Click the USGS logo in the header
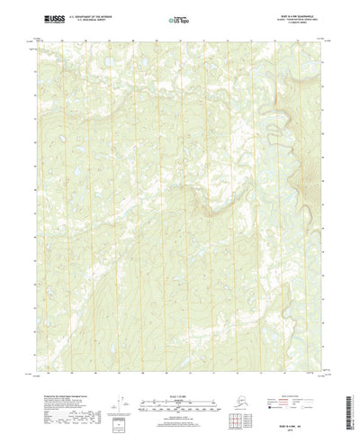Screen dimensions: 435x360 click(50, 17)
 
